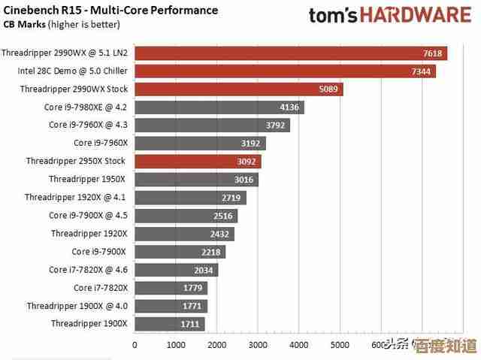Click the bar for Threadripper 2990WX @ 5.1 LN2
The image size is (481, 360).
coord(290,53)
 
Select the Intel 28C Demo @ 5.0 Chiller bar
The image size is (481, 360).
coord(285,71)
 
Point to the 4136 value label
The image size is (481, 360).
coord(289,107)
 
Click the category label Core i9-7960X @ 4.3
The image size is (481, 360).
coord(88,125)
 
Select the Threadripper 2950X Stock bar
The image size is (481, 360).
coord(198,162)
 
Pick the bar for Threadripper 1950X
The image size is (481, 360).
coord(196,180)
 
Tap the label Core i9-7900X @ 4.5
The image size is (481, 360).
coord(88,216)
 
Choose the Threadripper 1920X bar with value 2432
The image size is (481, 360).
coord(184,234)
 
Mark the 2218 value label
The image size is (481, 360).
coord(211,252)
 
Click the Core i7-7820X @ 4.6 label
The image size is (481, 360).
coord(88,270)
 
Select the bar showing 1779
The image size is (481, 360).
coord(171,288)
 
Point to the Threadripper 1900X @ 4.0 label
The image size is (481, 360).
coord(77,306)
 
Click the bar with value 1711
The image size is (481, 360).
coord(169,324)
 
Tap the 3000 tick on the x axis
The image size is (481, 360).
coord(258,345)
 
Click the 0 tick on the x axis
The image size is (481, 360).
coord(135,345)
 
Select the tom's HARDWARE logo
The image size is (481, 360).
coord(394,14)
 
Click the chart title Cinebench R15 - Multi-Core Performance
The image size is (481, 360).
coord(110,11)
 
